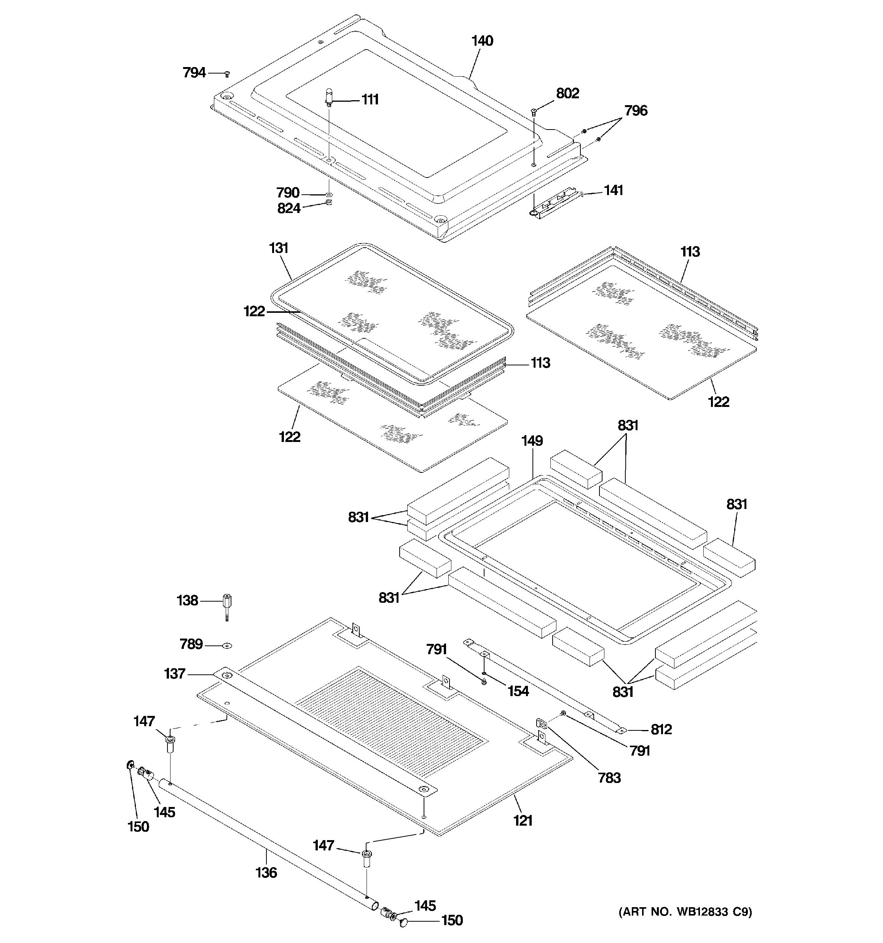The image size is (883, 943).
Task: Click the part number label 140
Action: pyautogui.click(x=482, y=41)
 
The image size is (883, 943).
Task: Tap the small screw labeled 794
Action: pyautogui.click(x=227, y=74)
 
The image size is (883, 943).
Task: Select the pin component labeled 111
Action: pyautogui.click(x=329, y=97)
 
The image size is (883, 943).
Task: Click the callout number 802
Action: pyautogui.click(x=567, y=93)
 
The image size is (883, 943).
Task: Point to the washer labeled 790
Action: pyautogui.click(x=328, y=194)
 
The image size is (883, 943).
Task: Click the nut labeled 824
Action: pyautogui.click(x=328, y=203)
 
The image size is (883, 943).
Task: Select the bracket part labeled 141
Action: pyautogui.click(x=555, y=205)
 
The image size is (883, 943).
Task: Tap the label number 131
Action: pyautogui.click(x=279, y=248)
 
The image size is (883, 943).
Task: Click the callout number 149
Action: pyautogui.click(x=532, y=441)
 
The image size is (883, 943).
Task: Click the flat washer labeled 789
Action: pyautogui.click(x=228, y=645)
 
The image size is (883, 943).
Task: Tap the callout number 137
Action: pyautogui.click(x=174, y=674)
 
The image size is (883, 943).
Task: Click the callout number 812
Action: pyautogui.click(x=661, y=730)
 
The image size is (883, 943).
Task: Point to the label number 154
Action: pyautogui.click(x=518, y=691)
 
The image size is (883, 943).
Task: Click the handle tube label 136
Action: pyautogui.click(x=266, y=872)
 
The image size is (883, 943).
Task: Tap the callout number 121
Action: pyautogui.click(x=523, y=820)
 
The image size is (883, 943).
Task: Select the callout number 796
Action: pyautogui.click(x=635, y=111)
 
